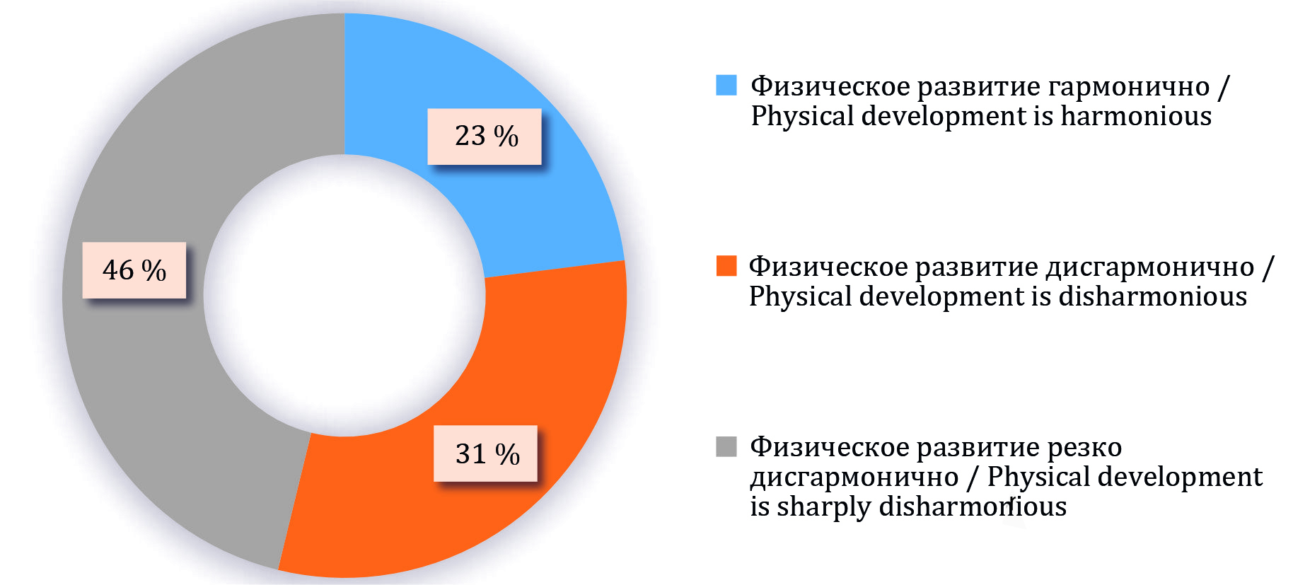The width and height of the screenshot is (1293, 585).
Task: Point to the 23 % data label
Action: click(x=485, y=137)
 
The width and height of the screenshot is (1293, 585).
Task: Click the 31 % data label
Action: click(x=485, y=453)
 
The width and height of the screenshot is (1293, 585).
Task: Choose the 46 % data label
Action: click(x=134, y=270)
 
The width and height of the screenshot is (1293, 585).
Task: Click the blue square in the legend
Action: click(x=726, y=85)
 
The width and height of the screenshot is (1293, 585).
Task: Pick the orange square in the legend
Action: click(x=726, y=265)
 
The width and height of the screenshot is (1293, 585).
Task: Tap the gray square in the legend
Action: click(x=726, y=446)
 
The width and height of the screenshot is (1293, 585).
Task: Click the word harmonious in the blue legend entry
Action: click(x=1136, y=116)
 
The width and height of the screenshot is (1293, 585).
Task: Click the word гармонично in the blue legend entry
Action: click(x=1129, y=86)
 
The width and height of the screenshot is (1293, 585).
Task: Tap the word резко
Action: click(x=1084, y=448)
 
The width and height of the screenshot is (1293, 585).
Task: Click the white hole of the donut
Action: click(x=344, y=295)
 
